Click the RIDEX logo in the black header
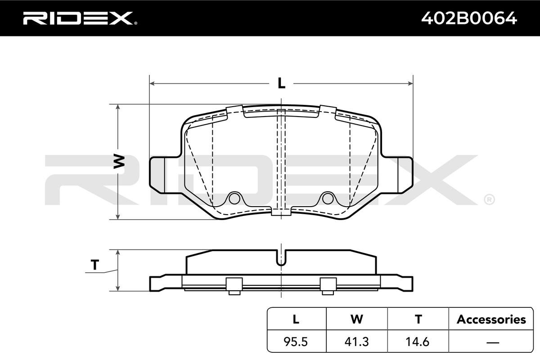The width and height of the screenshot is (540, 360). [x=80, y=18]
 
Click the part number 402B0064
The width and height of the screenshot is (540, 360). [x=469, y=18]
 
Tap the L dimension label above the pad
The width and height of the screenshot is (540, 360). [x=281, y=83]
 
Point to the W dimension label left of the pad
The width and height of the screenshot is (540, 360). [x=119, y=161]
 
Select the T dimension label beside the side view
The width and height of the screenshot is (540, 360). [x=95, y=265]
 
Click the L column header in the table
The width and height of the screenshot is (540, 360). [x=296, y=319]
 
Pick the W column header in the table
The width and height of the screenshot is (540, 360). [x=357, y=319]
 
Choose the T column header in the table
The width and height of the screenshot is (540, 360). [x=418, y=319]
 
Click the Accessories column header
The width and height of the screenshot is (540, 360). [x=491, y=319]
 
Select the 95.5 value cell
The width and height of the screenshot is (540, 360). [x=296, y=342]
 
